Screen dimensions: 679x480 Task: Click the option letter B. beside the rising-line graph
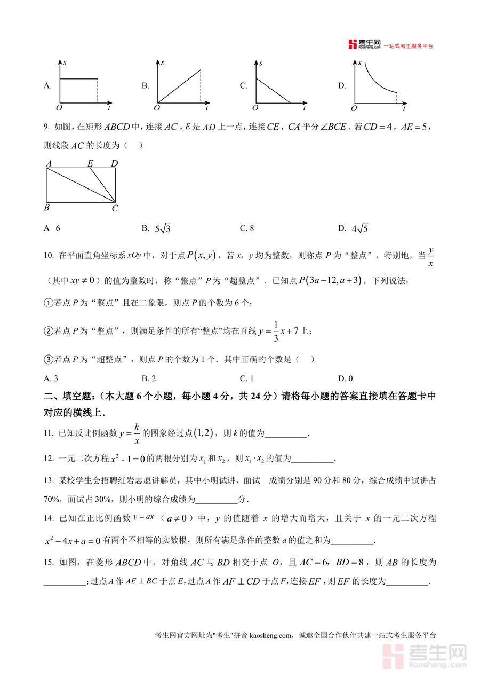(145, 85)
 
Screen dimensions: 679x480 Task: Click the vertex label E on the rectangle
(90, 164)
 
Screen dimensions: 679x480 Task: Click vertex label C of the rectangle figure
(115, 209)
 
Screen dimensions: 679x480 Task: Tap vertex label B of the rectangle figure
(47, 208)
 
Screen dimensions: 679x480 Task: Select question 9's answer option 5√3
(162, 228)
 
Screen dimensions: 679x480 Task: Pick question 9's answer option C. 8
(247, 228)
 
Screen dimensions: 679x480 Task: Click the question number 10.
(49, 256)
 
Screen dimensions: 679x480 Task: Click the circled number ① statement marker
(49, 303)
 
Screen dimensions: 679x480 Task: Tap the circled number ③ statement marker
(49, 360)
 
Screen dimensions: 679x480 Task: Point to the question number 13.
(49, 480)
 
